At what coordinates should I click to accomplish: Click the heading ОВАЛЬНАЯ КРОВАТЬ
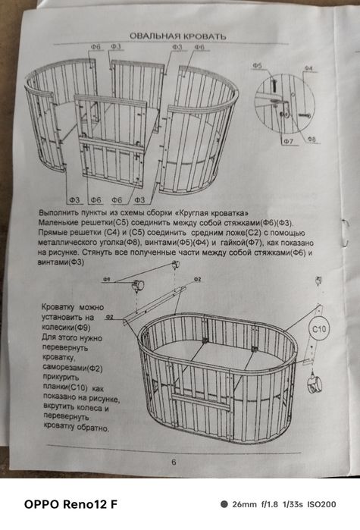tap(177, 36)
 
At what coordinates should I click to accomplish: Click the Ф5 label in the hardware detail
tap(258, 67)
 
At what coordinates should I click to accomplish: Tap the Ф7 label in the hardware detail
tap(288, 142)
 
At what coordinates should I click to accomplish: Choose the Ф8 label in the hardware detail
tap(311, 140)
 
